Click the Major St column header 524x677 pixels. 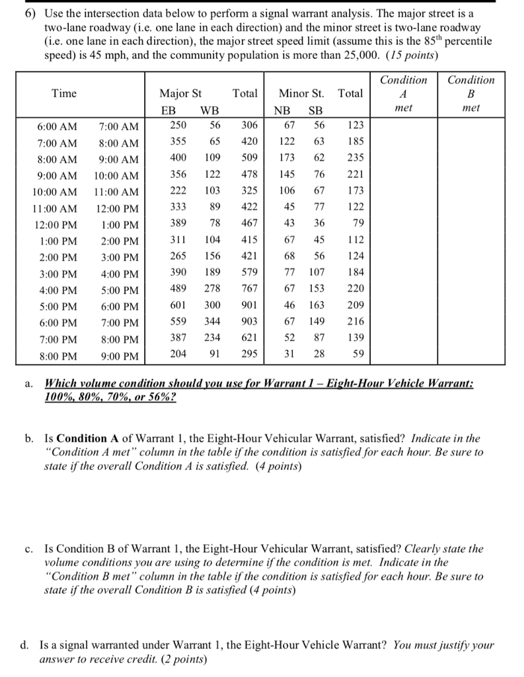180,93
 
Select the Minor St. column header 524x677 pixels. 301,93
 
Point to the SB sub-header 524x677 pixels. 316,110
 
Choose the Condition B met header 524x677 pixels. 470,93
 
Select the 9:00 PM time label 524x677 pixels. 119,356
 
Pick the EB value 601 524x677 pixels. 178,305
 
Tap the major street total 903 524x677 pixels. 249,322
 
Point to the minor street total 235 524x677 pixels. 355,159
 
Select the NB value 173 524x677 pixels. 286,159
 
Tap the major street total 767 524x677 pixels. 249,289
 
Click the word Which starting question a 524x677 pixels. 58,384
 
